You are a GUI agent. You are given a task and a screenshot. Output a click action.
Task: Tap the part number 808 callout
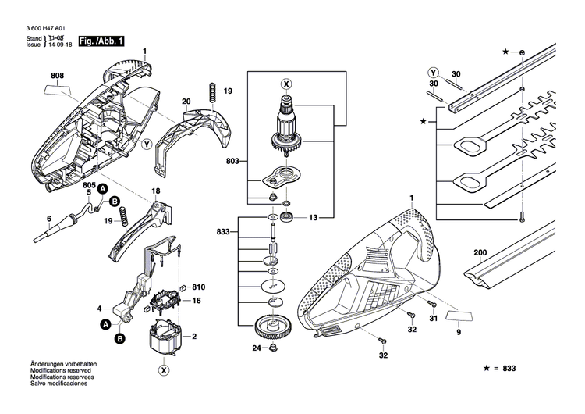58,76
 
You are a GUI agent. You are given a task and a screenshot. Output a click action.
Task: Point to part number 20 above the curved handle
186,102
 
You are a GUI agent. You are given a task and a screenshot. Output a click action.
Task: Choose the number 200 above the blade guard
480,254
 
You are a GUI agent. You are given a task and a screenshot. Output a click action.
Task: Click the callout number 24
256,348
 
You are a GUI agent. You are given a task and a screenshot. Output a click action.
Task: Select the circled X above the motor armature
285,84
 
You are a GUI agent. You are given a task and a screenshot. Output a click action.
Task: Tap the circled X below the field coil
164,369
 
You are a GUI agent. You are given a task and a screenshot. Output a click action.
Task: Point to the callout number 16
197,301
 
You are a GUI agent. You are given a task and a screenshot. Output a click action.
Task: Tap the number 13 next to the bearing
314,216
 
